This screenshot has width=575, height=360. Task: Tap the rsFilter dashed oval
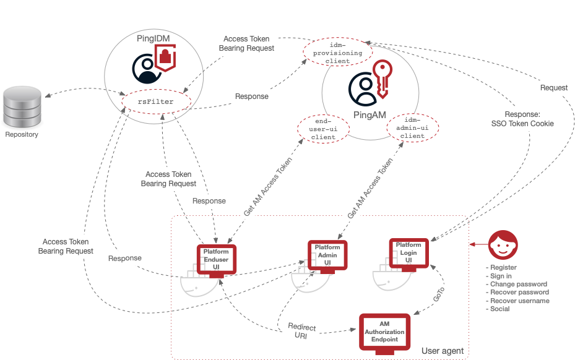click(154, 101)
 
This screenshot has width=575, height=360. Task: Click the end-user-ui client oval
click(324, 129)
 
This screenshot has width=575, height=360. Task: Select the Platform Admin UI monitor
click(327, 255)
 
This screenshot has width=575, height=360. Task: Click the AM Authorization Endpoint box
click(385, 332)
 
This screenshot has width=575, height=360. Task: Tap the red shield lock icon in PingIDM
click(165, 60)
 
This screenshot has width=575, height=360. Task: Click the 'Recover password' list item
click(517, 293)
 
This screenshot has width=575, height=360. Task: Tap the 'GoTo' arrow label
click(438, 294)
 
